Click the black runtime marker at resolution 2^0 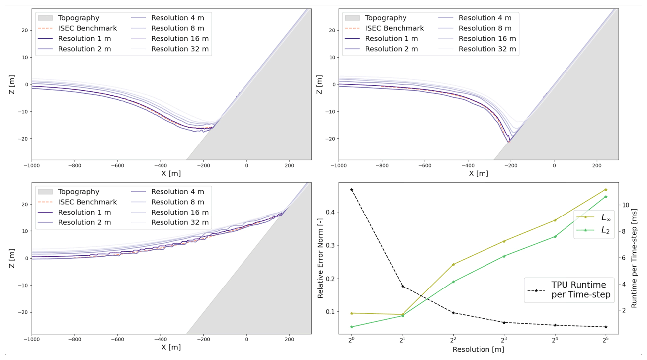click(x=351, y=190)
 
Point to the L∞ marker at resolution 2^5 click(x=606, y=189)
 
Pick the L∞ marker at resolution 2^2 click(x=453, y=264)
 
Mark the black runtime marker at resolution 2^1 click(x=403, y=286)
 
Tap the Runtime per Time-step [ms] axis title click(x=634, y=258)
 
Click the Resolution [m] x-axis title click(x=478, y=350)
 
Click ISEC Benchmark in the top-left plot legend click(x=87, y=28)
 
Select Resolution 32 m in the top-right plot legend click(x=487, y=49)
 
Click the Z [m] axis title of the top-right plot click(x=319, y=84)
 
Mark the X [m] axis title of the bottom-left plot click(x=171, y=347)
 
